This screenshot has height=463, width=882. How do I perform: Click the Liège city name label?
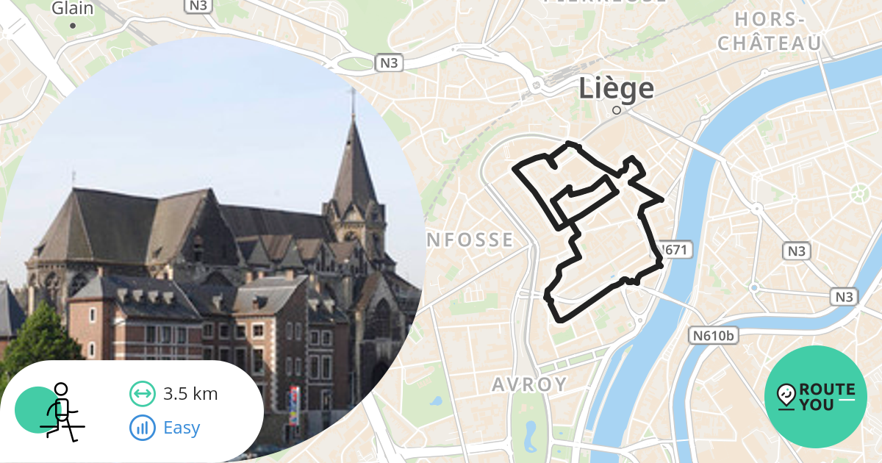click(x=616, y=88)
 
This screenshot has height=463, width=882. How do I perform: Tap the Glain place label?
click(x=73, y=9)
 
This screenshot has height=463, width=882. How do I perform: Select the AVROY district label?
click(x=529, y=384)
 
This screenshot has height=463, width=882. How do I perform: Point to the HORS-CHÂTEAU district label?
click(x=770, y=32)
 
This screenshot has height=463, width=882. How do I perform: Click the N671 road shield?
click(x=675, y=250)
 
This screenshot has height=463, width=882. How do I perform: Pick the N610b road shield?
click(x=714, y=336)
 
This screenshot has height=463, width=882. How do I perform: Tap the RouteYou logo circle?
click(x=816, y=397)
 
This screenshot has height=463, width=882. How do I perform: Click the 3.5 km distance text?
click(x=190, y=394)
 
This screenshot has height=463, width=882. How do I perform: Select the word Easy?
click(x=182, y=428)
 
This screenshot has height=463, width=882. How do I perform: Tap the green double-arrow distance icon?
click(x=143, y=394)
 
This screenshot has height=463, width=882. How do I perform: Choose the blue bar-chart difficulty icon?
click(x=143, y=428)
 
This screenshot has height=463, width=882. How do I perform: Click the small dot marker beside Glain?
click(x=73, y=26)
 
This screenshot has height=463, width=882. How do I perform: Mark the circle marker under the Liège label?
click(x=617, y=110)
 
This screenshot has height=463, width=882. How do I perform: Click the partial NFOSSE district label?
click(x=470, y=240)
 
